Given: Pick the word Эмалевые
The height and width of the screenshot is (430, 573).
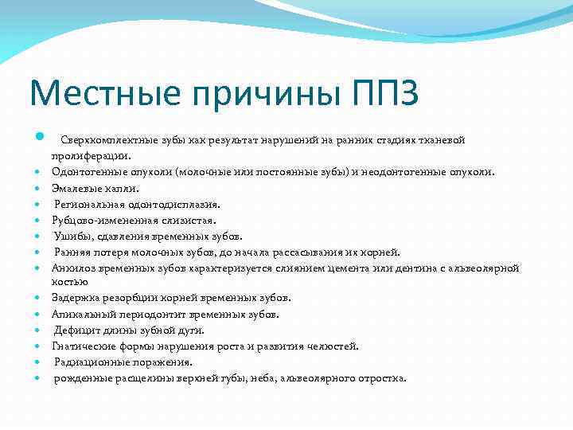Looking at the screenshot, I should pos(76,189).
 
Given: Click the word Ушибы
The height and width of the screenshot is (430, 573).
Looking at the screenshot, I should pos(70,236).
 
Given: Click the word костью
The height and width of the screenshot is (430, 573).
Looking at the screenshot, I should pos(70,282).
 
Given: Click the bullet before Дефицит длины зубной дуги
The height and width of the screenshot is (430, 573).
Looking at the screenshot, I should pos(37,330).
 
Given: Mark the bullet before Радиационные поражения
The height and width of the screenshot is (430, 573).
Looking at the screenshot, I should pos(37,362).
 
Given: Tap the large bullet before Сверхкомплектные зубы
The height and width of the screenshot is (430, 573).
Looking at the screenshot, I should pos(37,140).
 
